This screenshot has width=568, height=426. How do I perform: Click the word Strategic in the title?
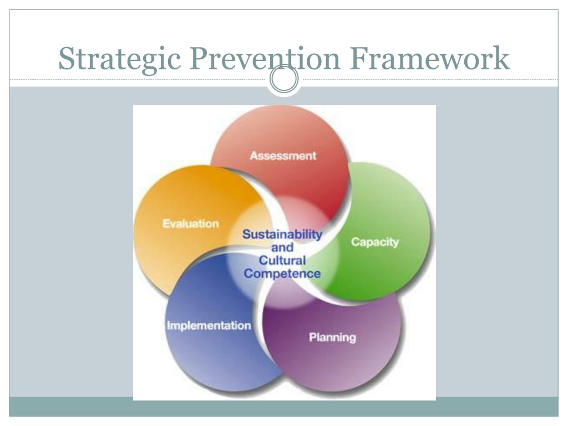119,59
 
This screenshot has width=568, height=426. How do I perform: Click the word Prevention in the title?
265,58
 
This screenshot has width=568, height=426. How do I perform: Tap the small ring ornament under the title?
283,80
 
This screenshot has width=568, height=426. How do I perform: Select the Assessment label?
283,155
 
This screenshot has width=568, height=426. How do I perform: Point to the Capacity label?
375,242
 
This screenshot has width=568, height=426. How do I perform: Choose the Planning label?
332,337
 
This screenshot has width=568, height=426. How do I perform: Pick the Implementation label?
209,326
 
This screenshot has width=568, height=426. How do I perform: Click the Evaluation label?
190,224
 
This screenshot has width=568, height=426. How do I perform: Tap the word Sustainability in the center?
282,235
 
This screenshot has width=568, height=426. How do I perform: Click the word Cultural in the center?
282,260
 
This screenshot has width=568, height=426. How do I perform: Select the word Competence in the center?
282,273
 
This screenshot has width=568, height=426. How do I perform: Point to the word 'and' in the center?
282,247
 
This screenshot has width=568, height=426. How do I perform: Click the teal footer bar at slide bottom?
283,407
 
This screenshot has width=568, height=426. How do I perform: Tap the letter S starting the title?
67,58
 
